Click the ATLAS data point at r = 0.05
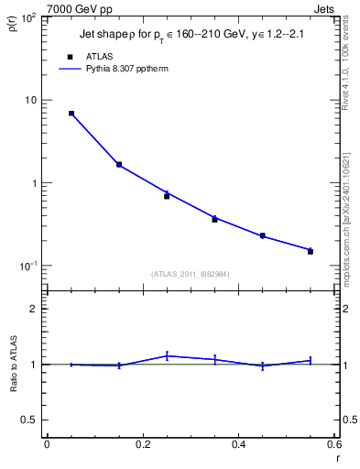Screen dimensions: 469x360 [x=71, y=114]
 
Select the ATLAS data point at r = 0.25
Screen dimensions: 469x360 [x=167, y=196]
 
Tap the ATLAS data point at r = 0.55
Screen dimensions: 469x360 [x=311, y=251]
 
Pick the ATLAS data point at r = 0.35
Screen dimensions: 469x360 [x=214, y=220]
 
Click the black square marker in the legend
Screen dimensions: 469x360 [x=71, y=56]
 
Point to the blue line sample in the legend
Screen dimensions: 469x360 [x=71, y=69]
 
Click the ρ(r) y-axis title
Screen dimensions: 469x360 [x=13, y=27]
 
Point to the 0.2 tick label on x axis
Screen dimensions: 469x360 [x=142, y=444]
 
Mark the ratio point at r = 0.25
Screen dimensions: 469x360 [x=167, y=355]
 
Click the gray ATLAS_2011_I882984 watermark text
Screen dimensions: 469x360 [x=191, y=273]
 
